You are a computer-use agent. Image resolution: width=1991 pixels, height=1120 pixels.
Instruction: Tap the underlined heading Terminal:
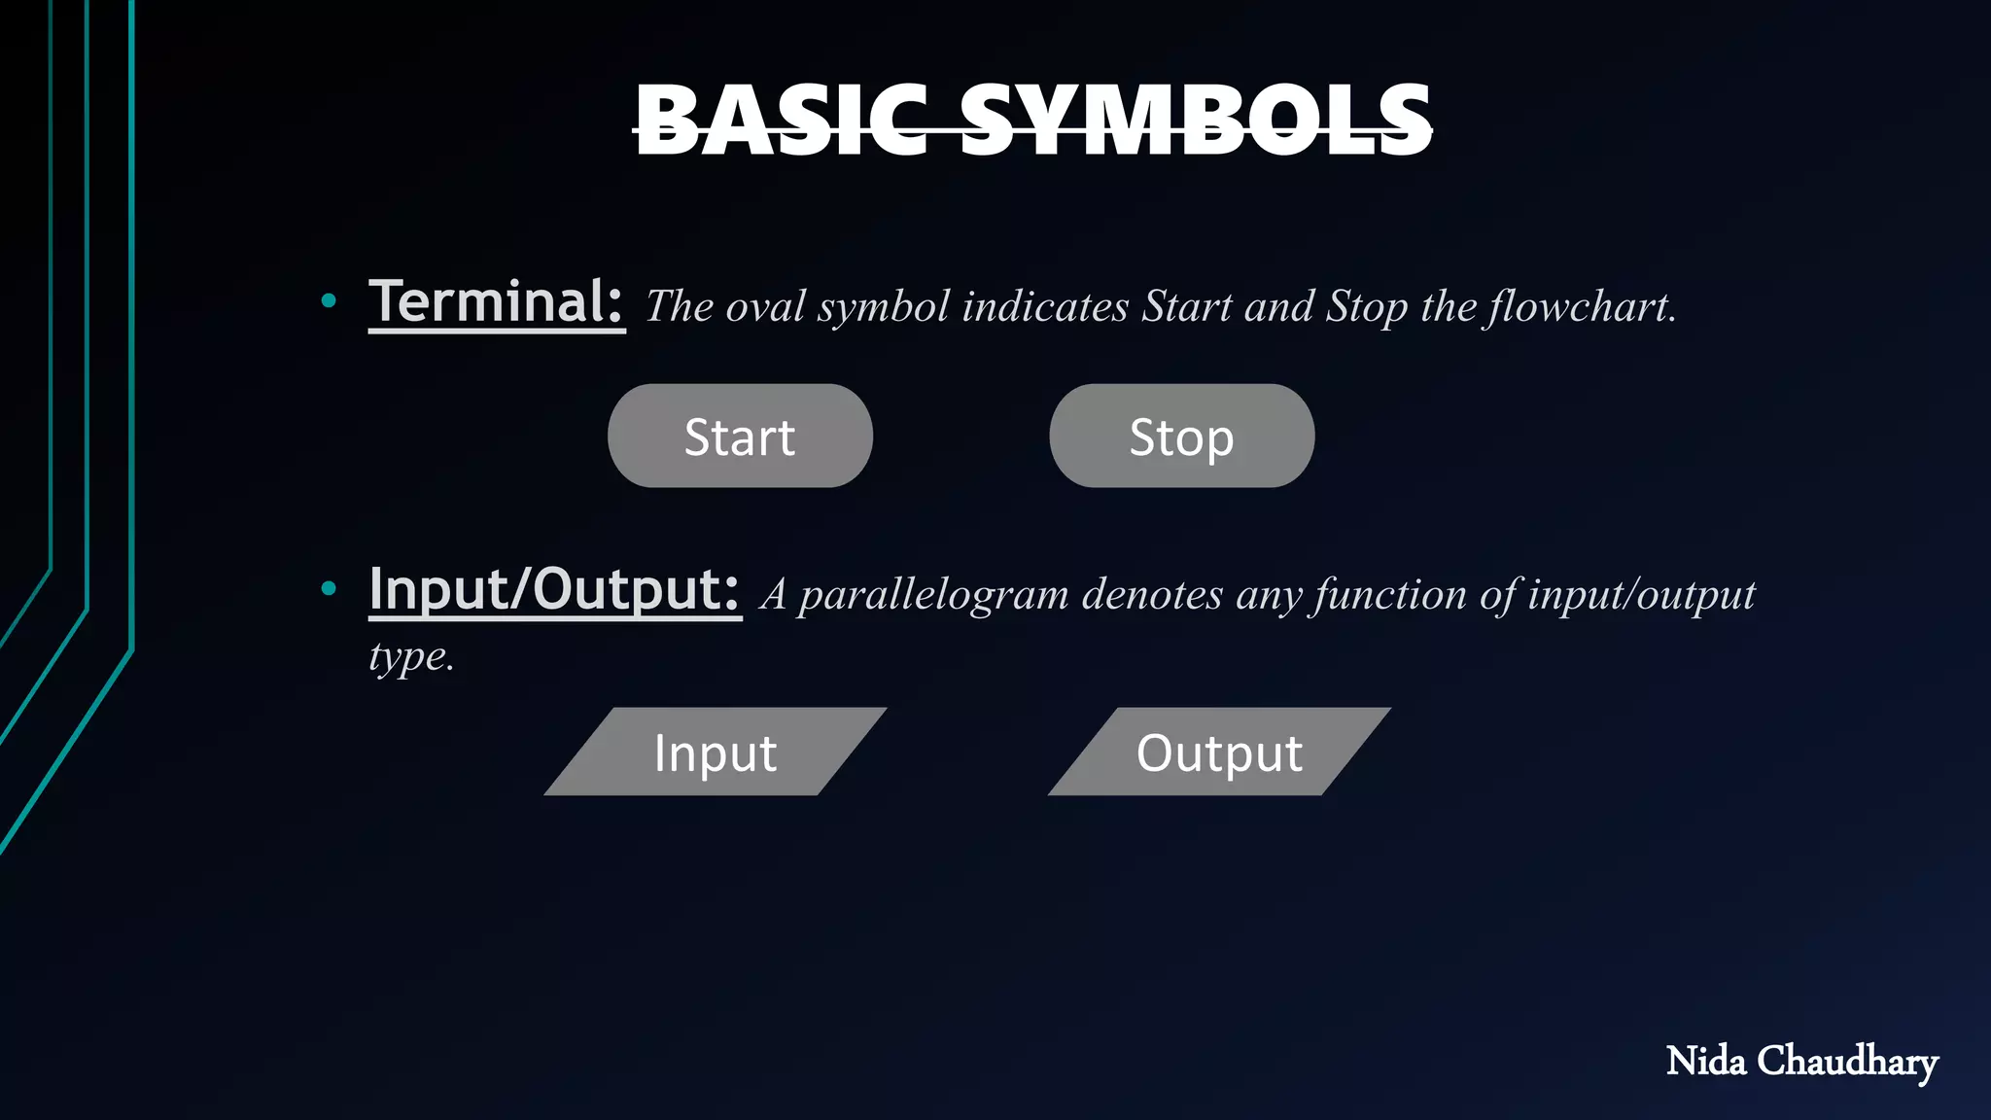(496, 302)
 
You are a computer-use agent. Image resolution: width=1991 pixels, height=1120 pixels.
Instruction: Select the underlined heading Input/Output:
(554, 589)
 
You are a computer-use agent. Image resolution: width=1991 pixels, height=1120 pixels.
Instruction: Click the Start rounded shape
(740, 437)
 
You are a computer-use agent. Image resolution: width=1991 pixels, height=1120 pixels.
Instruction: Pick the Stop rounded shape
(1181, 437)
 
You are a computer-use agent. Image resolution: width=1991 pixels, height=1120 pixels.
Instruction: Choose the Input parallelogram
(716, 752)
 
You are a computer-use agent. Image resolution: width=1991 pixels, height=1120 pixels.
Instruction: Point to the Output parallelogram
(1219, 752)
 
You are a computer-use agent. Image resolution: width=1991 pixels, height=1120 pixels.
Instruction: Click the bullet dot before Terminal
(329, 301)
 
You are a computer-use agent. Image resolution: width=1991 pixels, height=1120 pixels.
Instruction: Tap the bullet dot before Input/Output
(329, 588)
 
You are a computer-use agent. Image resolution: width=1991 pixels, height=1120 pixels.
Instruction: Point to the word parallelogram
(933, 595)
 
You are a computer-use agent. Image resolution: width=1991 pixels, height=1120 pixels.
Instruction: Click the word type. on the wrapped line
(411, 657)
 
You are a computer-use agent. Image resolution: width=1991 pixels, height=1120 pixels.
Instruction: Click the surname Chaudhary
(1847, 1061)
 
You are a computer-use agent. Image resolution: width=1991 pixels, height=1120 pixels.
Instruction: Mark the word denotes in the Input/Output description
(1152, 595)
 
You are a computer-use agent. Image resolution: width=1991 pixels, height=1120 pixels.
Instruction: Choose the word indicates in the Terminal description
(1045, 307)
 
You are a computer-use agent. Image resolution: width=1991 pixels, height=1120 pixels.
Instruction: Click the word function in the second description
(1389, 595)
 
